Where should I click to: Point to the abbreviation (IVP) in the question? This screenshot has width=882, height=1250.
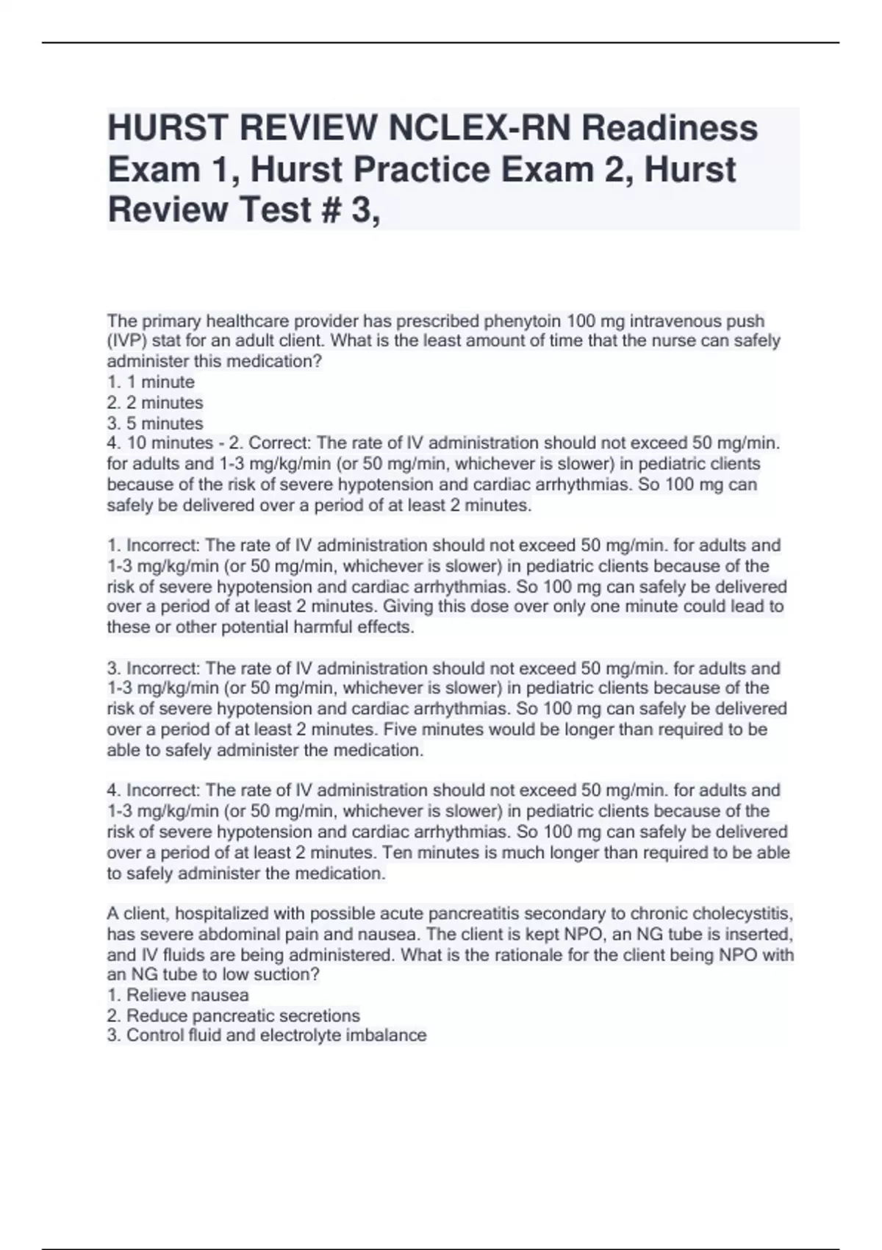coord(127,341)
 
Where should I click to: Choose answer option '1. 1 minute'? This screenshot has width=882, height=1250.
coord(151,382)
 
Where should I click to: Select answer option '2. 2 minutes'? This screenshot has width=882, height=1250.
coord(155,403)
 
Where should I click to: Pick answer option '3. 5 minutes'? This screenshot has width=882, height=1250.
coord(155,424)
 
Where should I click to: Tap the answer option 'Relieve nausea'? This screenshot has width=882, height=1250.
coord(187,996)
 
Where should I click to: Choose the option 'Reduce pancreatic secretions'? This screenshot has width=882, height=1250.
coord(243,1016)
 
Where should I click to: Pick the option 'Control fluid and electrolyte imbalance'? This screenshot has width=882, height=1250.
coord(276,1036)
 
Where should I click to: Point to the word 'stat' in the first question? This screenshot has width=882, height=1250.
coord(159,341)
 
